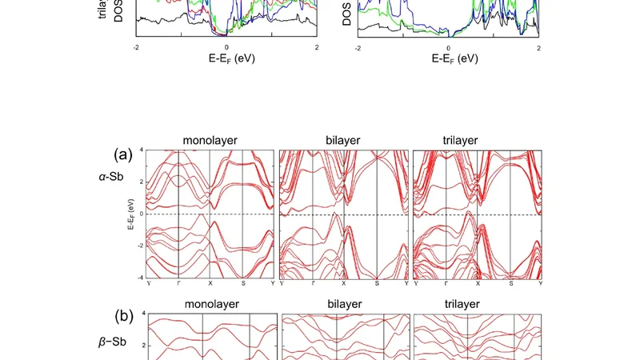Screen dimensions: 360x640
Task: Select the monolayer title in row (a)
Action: [210, 140]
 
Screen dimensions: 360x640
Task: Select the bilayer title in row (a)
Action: [343, 140]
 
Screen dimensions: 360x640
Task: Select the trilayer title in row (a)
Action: [476, 140]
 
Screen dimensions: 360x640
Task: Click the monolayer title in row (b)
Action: [210, 304]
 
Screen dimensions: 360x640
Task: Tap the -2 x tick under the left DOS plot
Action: [137, 46]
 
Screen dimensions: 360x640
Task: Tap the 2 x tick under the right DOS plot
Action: [538, 46]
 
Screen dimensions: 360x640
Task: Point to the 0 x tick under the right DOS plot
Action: [448, 46]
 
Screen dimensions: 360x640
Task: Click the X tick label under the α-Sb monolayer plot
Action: [210, 284]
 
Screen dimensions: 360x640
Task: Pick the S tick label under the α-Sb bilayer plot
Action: [377, 284]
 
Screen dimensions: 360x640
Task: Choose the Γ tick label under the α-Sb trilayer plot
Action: [445, 284]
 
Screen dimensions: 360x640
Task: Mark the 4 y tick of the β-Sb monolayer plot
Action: [143, 313]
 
